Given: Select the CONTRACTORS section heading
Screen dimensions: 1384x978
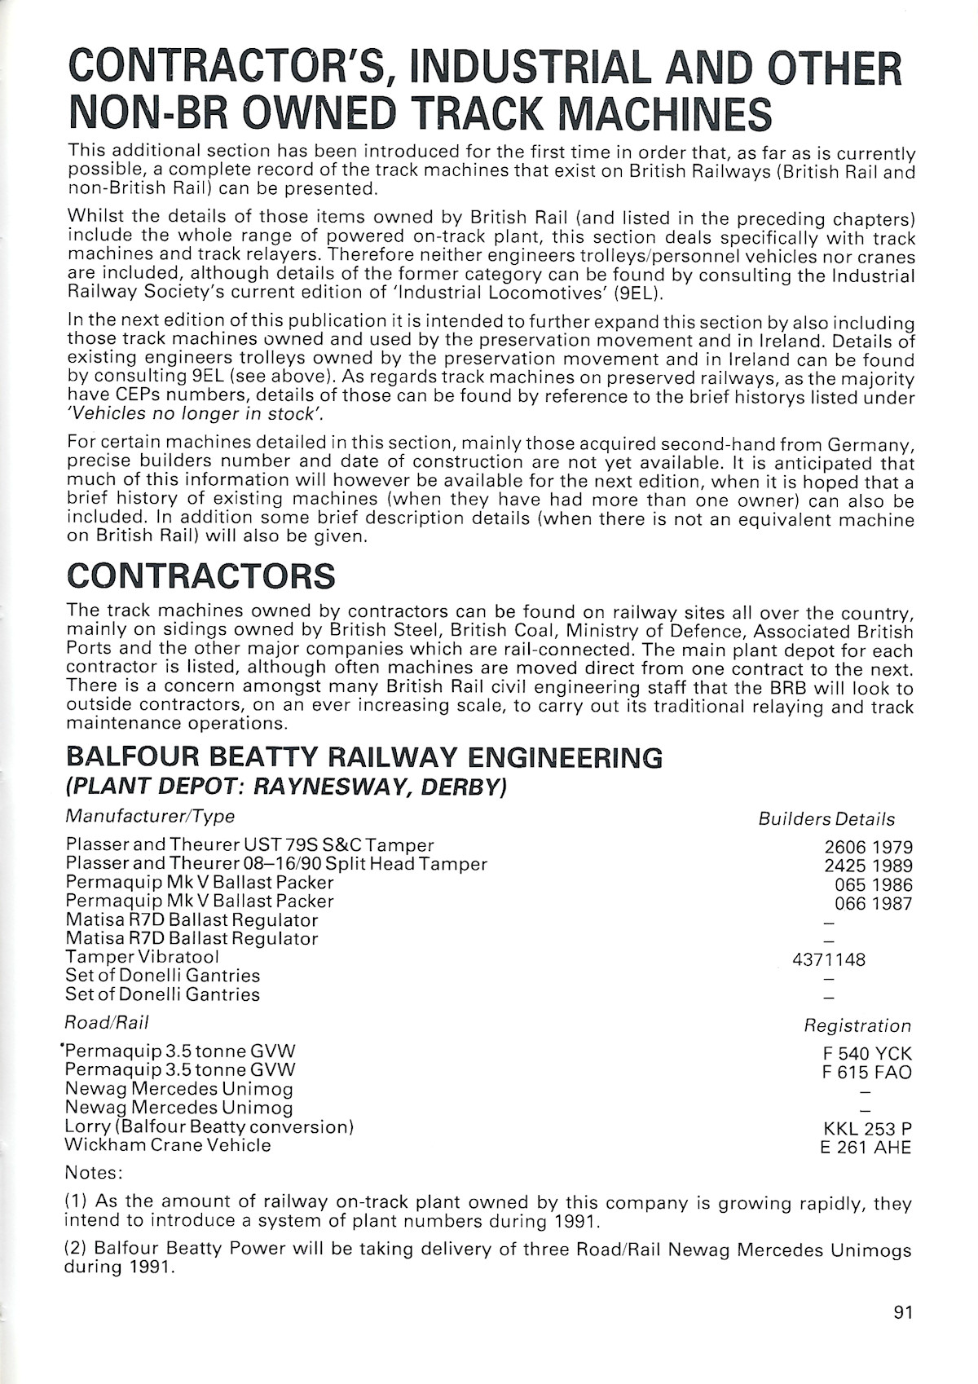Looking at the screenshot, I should coord(200,575).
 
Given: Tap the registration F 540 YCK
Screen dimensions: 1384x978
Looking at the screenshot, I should coord(867,1054).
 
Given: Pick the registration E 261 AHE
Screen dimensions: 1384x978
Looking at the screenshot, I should coord(867,1148).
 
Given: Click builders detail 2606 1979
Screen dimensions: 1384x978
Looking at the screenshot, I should coord(868,847).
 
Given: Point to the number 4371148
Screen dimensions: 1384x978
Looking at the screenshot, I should coord(829,959).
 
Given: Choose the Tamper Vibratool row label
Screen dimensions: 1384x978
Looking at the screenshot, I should coord(143,957).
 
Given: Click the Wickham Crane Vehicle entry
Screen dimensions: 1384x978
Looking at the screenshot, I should coord(168,1145).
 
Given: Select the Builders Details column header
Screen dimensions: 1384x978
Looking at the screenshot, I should coord(826,820).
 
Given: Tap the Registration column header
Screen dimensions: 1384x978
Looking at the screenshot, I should coord(857,1026).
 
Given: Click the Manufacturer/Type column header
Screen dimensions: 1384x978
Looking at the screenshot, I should coord(150,816).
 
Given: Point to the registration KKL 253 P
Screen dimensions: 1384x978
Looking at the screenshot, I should coord(867,1129).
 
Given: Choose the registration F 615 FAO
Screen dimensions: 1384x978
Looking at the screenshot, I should coord(867,1073).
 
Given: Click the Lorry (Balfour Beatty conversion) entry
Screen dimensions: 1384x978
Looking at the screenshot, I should coord(209,1126).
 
